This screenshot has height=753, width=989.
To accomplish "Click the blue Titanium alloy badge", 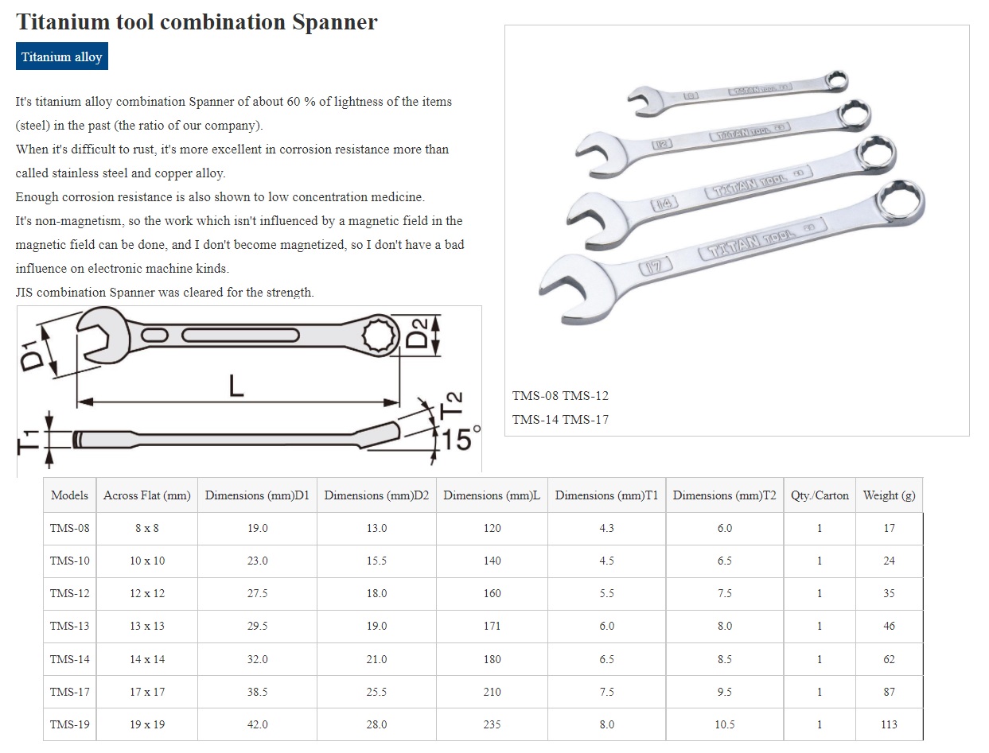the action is click(62, 56).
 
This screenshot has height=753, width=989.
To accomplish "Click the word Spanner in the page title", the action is click(334, 22).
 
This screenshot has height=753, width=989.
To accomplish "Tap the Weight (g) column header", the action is click(889, 495).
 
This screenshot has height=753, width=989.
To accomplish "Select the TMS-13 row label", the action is click(70, 626).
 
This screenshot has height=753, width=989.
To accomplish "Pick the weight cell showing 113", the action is click(889, 724).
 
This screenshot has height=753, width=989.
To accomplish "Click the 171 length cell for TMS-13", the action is click(492, 626).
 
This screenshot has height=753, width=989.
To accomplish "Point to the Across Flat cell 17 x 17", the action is click(147, 691).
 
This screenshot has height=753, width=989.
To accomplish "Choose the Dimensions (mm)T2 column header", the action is click(725, 495).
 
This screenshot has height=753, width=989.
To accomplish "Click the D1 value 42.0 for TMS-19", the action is click(257, 724).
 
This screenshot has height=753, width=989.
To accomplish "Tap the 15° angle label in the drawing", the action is click(461, 439).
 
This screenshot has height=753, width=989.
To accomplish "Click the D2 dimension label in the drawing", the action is click(417, 333).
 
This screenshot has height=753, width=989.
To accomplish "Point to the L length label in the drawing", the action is click(236, 386).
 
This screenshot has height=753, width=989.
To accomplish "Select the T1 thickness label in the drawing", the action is click(28, 441).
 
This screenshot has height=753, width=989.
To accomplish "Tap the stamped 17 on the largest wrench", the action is click(656, 267).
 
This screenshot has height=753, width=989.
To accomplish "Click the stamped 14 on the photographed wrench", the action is click(664, 204).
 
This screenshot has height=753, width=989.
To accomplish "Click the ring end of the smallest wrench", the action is click(835, 82).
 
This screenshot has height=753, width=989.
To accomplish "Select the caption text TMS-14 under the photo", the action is click(535, 420).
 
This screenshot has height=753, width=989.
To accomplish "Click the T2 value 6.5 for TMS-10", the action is click(725, 561).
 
